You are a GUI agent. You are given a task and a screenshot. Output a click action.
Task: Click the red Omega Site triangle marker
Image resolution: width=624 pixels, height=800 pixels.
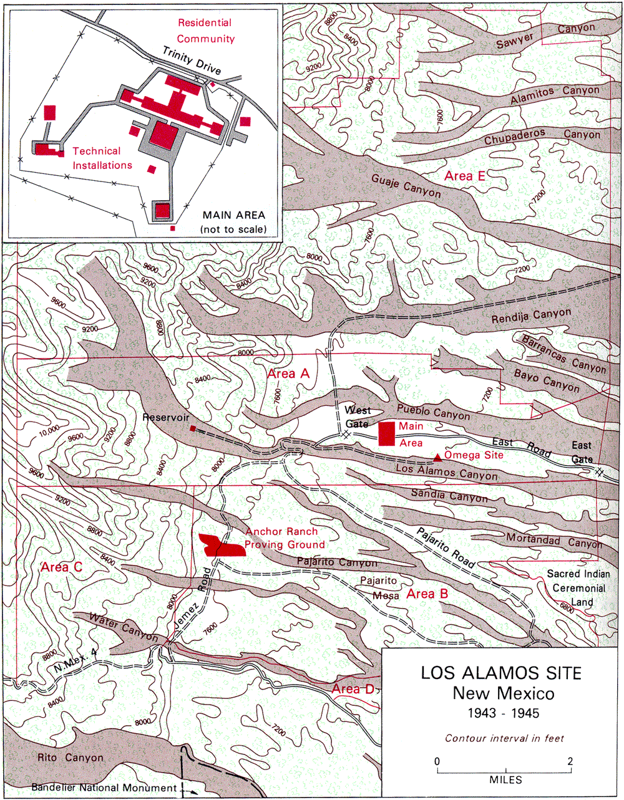click(x=437, y=458)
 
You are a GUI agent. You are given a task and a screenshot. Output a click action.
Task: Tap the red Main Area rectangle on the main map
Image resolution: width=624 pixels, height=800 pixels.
click(x=387, y=433)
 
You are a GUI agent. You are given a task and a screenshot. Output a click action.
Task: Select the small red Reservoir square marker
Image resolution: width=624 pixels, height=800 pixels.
click(x=193, y=428)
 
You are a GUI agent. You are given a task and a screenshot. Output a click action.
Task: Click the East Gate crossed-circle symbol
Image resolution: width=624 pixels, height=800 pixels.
click(x=600, y=472)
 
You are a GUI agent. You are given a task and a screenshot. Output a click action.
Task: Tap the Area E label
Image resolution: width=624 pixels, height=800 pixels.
click(x=464, y=176)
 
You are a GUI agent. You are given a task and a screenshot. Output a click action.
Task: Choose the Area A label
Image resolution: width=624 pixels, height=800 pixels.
click(x=288, y=373)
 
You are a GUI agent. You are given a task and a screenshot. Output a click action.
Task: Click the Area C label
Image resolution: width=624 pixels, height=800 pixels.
click(x=61, y=567)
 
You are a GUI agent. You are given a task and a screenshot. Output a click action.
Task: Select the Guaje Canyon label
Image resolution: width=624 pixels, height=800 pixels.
click(x=406, y=185)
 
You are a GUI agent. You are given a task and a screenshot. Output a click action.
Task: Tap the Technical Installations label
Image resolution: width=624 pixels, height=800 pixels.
click(x=102, y=158)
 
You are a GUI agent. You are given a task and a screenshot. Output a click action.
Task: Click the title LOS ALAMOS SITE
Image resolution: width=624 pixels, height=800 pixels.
click(x=500, y=673)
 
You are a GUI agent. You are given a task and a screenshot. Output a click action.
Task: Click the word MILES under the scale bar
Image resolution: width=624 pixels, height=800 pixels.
click(x=505, y=779)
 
